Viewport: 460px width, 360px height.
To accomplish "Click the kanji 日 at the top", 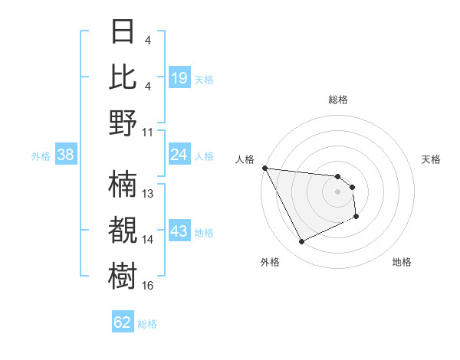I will [x=123, y=33].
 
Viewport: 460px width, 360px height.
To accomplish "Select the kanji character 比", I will [x=123, y=78].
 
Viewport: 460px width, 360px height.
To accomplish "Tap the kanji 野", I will [x=123, y=123].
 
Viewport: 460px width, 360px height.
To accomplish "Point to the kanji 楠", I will [x=123, y=184].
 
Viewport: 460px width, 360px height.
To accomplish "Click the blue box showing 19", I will [x=179, y=77].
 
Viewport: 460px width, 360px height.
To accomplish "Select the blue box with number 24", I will [x=179, y=155].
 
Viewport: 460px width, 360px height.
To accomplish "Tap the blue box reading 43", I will [x=179, y=231].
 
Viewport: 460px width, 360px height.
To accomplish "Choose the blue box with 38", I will [x=66, y=155].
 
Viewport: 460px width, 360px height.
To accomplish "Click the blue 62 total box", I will [x=123, y=322].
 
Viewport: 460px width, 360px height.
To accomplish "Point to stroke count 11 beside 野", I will [x=148, y=132].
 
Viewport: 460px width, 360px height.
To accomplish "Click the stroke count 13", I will [x=148, y=194].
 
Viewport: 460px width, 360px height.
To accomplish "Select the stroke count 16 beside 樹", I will [x=148, y=286].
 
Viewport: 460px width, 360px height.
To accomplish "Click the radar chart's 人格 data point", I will [x=264, y=168].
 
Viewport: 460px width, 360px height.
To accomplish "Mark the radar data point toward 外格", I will [x=301, y=242].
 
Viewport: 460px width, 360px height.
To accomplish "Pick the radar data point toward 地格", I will [x=356, y=218].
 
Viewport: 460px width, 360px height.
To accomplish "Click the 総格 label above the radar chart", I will [x=337, y=100].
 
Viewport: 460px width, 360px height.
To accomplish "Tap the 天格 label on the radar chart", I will [x=432, y=159].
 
